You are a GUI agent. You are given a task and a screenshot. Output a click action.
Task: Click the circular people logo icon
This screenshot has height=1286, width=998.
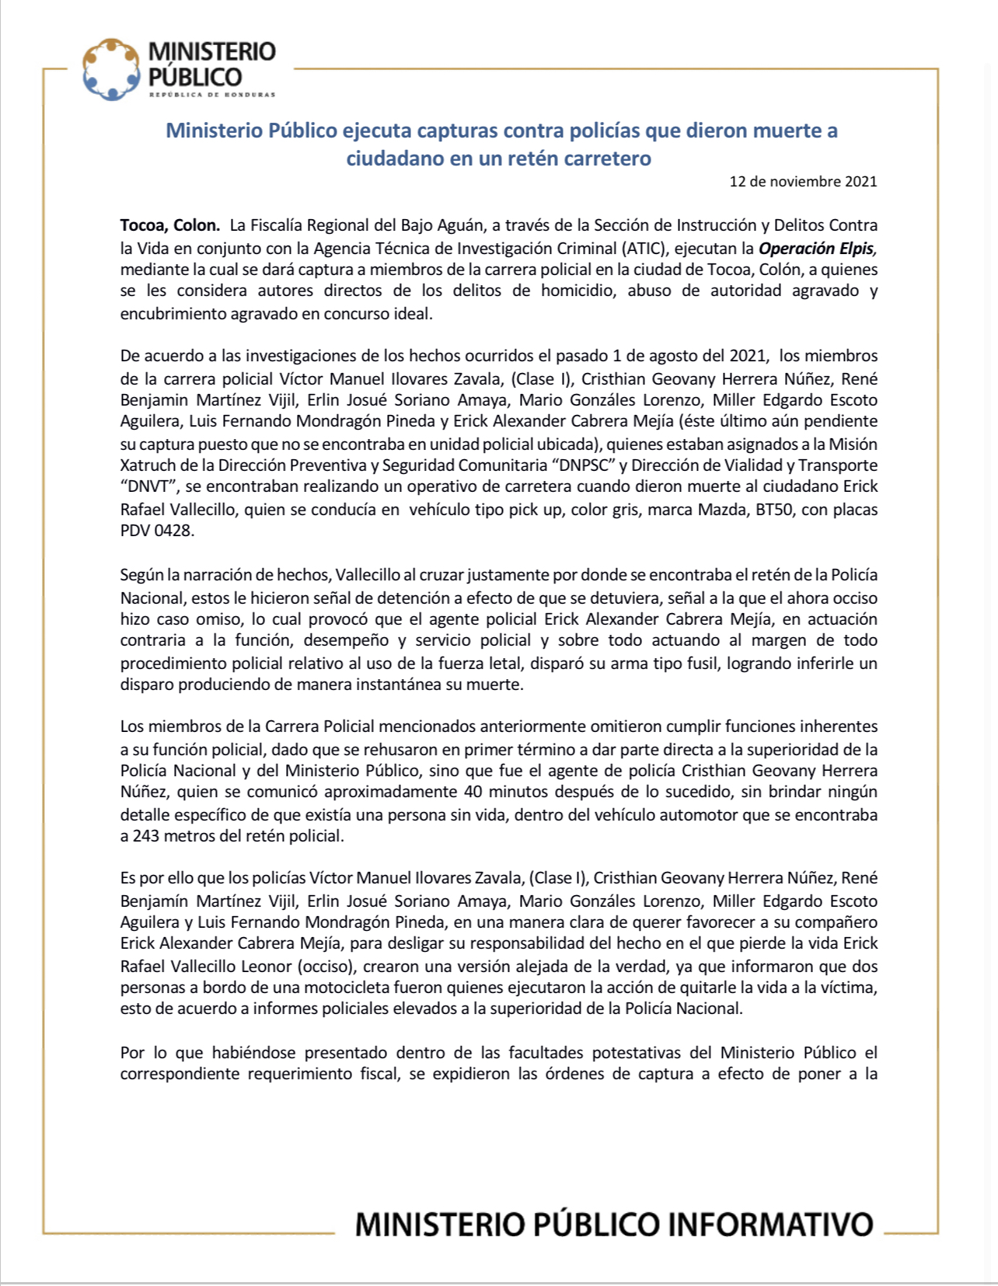(112, 69)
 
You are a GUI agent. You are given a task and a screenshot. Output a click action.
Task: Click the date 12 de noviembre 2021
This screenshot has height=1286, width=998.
(803, 182)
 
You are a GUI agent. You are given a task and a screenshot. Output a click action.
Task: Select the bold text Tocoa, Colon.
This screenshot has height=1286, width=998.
(170, 225)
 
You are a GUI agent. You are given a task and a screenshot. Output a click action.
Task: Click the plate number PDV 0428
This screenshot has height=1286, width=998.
(157, 531)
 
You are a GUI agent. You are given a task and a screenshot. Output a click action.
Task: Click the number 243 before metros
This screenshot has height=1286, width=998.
(146, 836)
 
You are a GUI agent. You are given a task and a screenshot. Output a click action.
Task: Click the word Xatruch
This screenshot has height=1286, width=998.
(148, 465)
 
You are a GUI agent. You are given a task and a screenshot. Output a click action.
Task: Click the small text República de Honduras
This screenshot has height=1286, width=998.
(211, 95)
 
